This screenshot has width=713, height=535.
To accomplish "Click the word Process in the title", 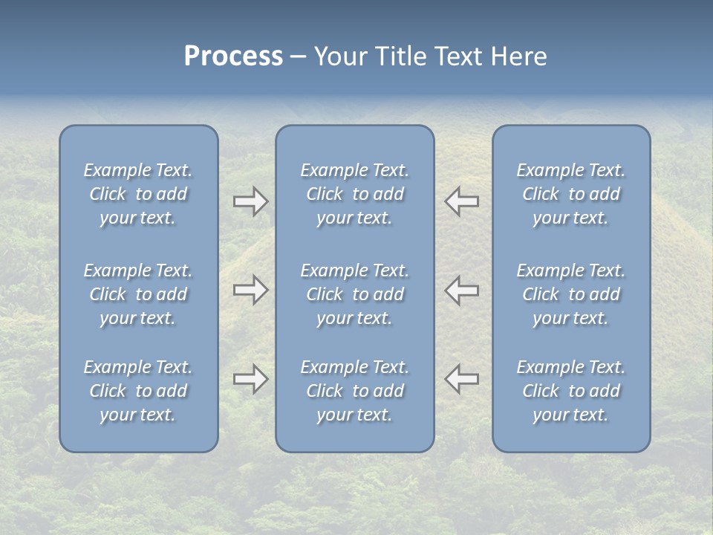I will click(233, 56).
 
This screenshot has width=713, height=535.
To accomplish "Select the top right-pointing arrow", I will click(250, 201).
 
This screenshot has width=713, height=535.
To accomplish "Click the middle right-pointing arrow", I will click(250, 290).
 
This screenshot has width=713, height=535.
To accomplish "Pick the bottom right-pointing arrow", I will click(250, 379).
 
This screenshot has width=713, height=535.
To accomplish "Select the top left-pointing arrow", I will click(462, 201).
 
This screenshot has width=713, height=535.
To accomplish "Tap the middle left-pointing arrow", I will click(462, 290).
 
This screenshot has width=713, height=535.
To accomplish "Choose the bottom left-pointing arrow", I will click(462, 379).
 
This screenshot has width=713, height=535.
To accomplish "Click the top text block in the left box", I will click(138, 194).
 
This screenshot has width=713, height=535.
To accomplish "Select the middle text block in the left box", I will click(138, 294).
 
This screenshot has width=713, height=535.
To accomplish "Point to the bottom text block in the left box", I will click(138, 391).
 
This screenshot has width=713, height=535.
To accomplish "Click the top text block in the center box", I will click(355, 194).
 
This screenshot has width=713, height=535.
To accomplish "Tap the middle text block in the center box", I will click(355, 294).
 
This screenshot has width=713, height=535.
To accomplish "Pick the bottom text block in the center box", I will click(355, 391).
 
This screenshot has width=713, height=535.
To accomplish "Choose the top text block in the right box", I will click(571, 194).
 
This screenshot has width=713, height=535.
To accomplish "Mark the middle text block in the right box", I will click(571, 294).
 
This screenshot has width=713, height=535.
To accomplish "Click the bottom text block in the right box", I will click(571, 391).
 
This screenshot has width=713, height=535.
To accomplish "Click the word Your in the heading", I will click(339, 56).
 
